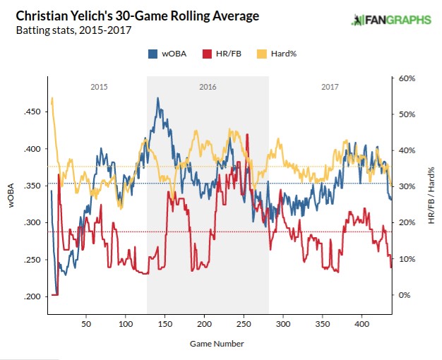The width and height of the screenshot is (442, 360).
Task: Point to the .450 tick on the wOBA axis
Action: [x=32, y=112]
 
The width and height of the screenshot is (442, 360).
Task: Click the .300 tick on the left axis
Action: [x=32, y=222]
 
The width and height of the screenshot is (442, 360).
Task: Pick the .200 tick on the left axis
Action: [x=32, y=296]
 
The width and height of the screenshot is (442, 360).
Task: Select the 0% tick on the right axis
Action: [x=403, y=295]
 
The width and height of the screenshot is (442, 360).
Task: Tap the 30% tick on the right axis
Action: [x=405, y=186]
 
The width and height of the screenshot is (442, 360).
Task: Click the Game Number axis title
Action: [x=217, y=344]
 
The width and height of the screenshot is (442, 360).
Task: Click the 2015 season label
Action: [x=99, y=88]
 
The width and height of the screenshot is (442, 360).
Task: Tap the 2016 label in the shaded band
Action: [x=208, y=88]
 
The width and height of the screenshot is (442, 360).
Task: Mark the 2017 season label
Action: [x=329, y=88]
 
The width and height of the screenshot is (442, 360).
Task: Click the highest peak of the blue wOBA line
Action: [x=157, y=98]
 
